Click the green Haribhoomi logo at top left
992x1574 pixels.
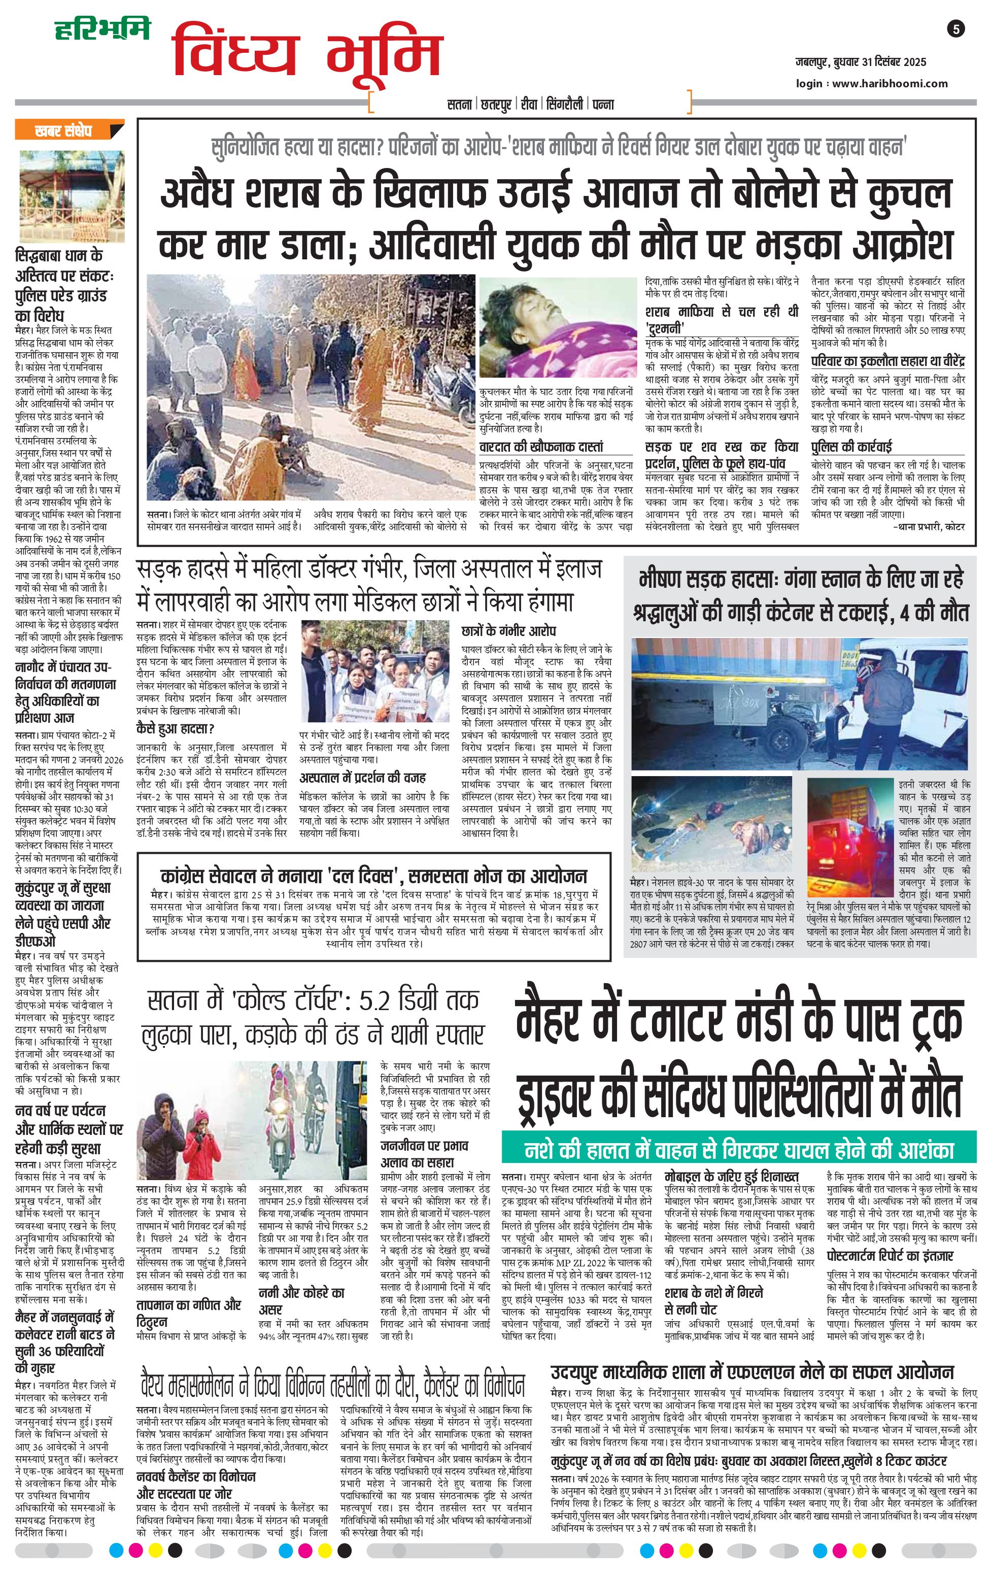coord(102,29)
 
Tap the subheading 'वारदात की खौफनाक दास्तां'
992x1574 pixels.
coord(540,447)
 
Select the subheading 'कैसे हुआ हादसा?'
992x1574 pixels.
coord(175,728)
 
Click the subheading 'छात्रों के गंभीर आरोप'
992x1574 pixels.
coord(508,631)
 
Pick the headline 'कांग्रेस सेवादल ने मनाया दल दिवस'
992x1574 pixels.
coord(374,875)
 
